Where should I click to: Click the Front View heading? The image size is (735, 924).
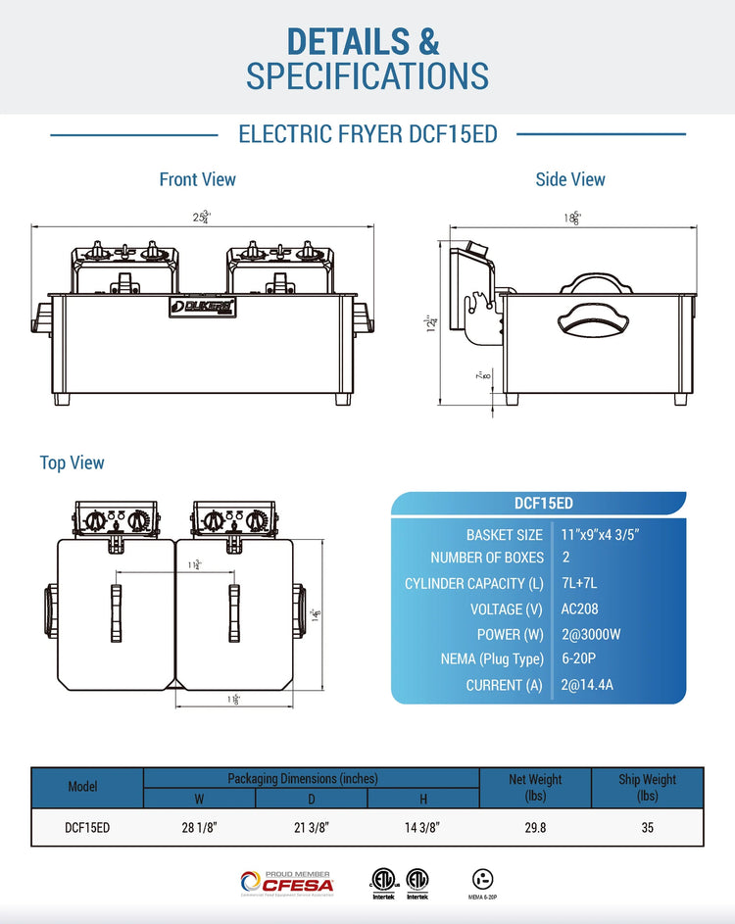197,179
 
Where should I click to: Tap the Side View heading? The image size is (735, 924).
570,179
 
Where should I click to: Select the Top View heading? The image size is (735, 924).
72,462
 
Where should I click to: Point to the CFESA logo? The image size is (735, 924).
287,883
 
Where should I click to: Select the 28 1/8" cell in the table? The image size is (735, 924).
199,827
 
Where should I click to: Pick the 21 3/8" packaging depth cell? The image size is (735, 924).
312,827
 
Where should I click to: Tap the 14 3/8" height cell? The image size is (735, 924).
422,827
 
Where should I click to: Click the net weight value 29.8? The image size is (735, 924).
534,827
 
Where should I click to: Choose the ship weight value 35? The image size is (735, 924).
647,827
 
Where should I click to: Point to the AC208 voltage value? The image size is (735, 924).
580,608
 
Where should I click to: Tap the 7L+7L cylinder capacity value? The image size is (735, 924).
579,583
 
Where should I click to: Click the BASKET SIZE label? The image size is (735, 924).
504,534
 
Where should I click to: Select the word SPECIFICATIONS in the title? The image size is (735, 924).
367,75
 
